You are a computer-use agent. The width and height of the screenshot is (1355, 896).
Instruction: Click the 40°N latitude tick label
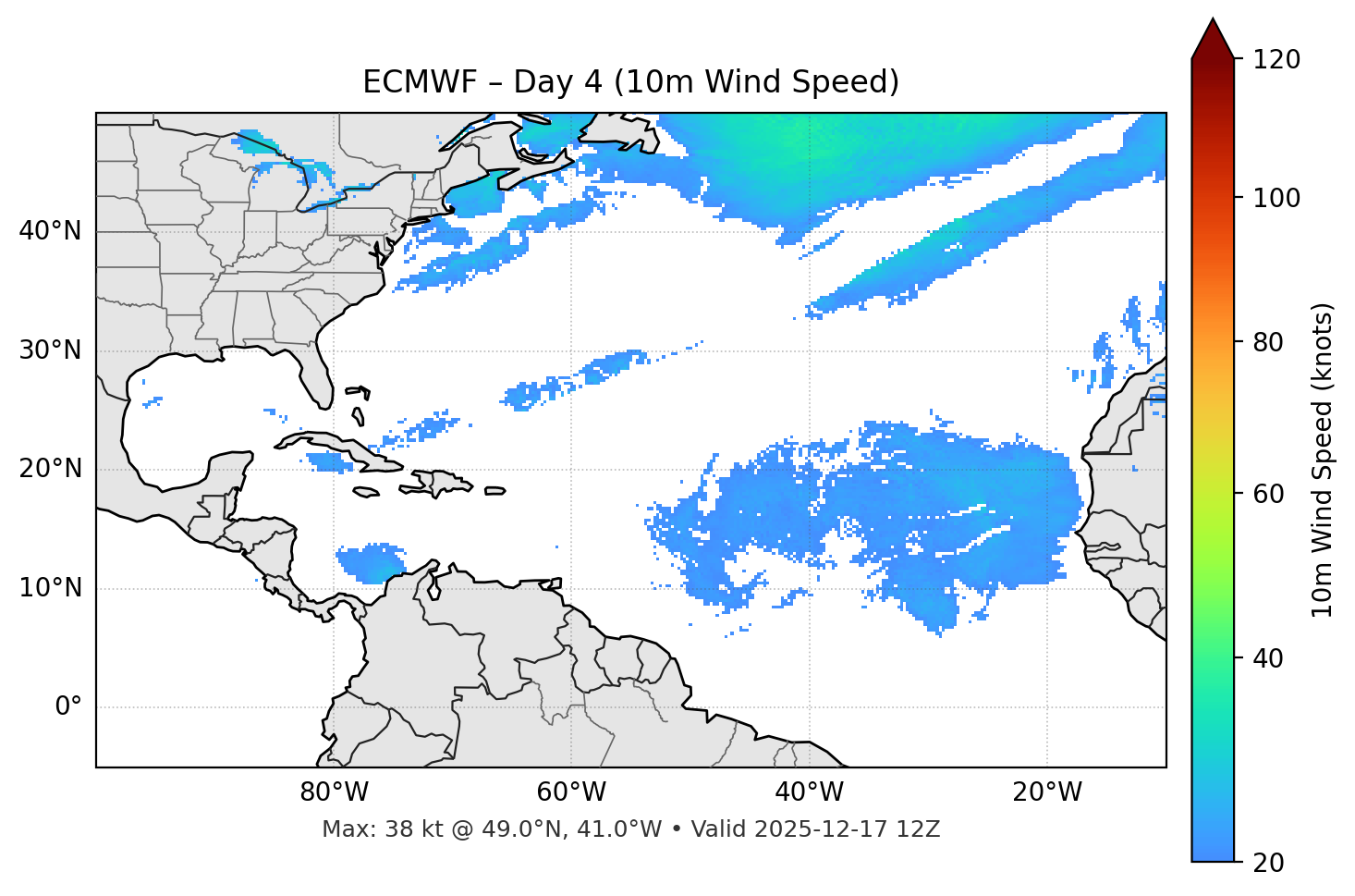[x=50, y=231]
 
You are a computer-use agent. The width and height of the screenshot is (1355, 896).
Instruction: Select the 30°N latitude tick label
[x=50, y=350]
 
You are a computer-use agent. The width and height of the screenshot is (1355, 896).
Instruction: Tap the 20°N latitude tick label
[x=50, y=469]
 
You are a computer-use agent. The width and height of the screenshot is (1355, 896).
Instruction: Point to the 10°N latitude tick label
[x=50, y=588]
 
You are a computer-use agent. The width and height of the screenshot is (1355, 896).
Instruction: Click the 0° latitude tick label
[x=67, y=707]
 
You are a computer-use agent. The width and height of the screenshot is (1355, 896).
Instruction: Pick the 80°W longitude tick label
[x=334, y=792]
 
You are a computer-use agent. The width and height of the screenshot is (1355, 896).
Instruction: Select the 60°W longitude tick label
[x=571, y=792]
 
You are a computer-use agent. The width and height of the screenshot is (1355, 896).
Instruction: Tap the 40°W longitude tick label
[x=810, y=792]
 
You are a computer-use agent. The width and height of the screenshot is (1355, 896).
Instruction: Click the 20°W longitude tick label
[x=1047, y=792]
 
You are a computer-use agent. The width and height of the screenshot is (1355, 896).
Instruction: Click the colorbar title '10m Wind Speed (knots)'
[x=1323, y=460]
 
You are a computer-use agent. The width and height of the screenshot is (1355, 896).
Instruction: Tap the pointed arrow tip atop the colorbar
[x=1213, y=22]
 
